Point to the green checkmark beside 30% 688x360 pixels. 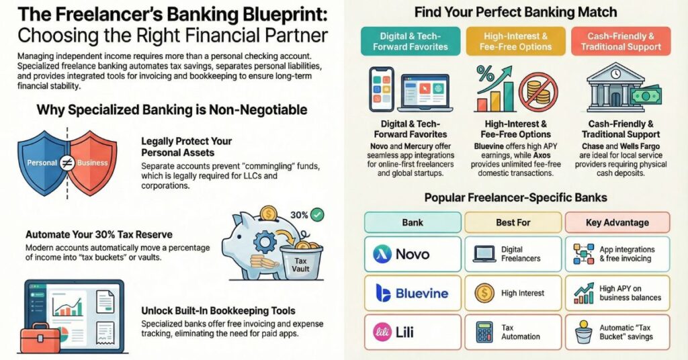[316, 215]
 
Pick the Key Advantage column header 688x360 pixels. [617, 222]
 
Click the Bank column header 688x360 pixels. [413, 222]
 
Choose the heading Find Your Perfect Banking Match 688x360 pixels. [515, 12]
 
